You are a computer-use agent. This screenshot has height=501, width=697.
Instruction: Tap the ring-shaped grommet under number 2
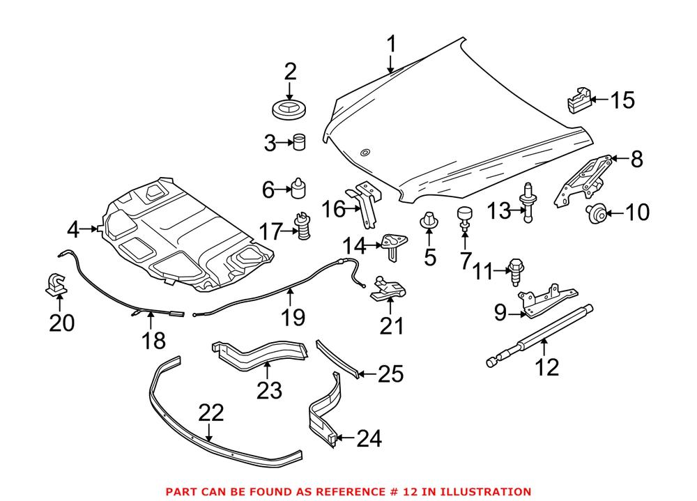pyautogui.click(x=291, y=110)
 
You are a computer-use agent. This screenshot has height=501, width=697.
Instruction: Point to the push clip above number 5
pyautogui.click(x=429, y=222)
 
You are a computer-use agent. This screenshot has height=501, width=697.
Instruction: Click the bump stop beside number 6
pyautogui.click(x=301, y=188)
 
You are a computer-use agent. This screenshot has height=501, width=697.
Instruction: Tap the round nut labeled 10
pyautogui.click(x=596, y=213)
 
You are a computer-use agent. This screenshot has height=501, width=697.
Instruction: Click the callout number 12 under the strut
pyautogui.click(x=549, y=367)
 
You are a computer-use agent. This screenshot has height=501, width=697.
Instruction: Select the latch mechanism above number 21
pyautogui.click(x=388, y=288)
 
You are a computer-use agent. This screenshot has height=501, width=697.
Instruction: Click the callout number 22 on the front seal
pyautogui.click(x=211, y=413)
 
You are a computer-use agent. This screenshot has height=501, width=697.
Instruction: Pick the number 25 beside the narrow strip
pyautogui.click(x=390, y=375)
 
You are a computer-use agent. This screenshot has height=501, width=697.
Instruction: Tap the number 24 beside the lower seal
pyautogui.click(x=369, y=438)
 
